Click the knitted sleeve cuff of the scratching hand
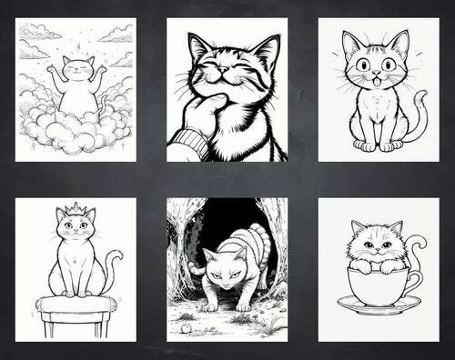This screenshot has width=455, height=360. tap(187, 144)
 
